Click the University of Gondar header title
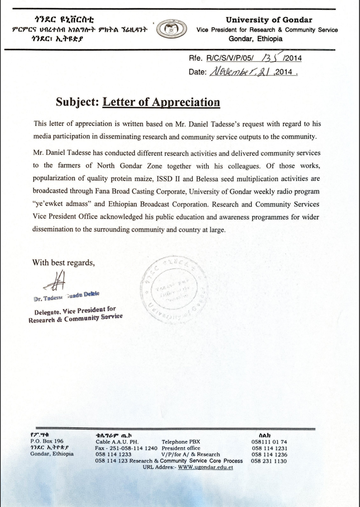tap(269, 20)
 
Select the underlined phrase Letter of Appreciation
tap(161, 102)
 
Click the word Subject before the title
tap(77, 102)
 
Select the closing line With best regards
tap(63, 262)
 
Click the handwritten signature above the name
tap(56, 281)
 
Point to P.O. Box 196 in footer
tap(47, 441)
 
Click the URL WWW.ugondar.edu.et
tap(205, 467)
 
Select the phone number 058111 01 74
tap(269, 442)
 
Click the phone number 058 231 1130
tap(269, 461)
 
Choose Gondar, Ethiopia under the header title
tap(256, 39)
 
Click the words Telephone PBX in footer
tap(181, 442)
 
